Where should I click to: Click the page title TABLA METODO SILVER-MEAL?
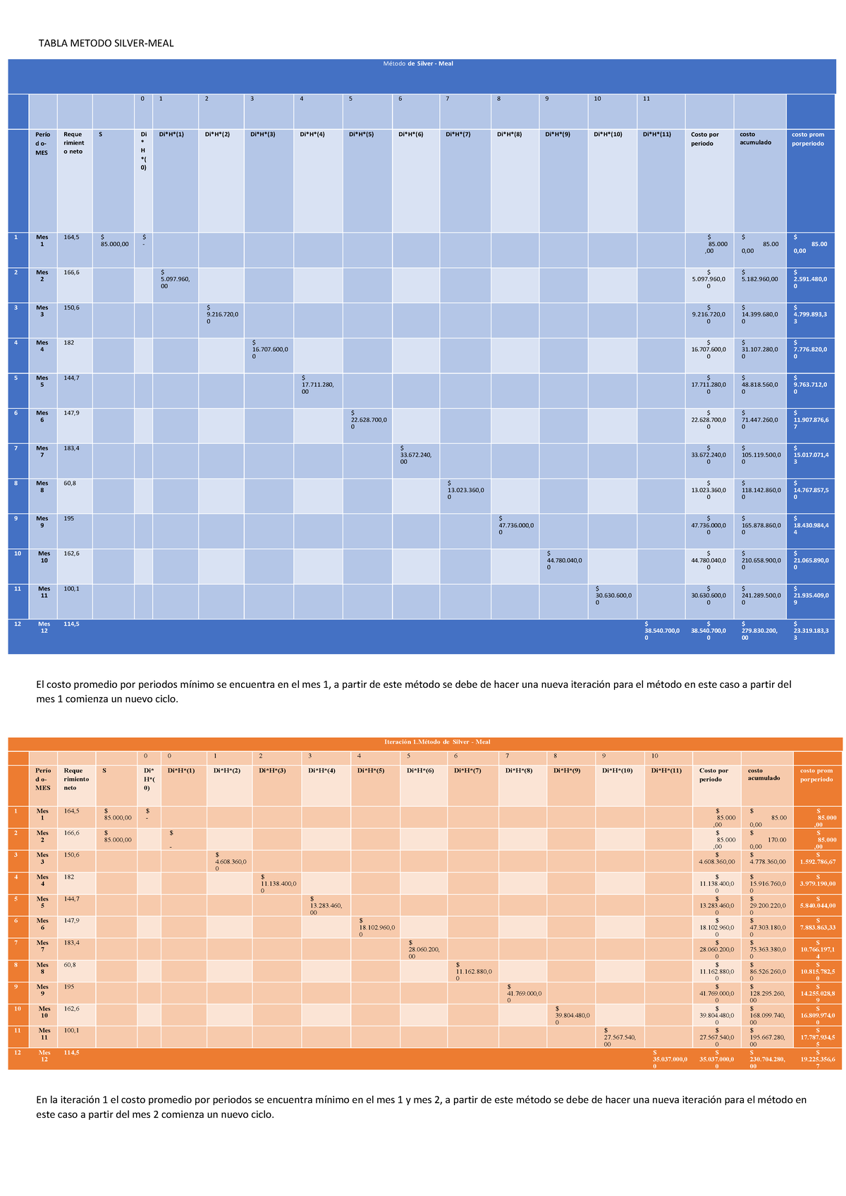[106, 44]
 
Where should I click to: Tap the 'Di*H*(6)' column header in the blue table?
[410, 134]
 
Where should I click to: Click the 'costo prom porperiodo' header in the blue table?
[808, 139]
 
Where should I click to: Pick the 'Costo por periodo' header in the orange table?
[713, 775]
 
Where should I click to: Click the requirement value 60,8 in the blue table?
[70, 483]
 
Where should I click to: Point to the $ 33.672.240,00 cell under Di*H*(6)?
[416, 455]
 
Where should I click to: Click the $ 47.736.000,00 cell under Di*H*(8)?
[515, 525]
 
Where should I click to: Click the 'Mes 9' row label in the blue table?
[42, 522]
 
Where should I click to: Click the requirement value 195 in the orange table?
[69, 987]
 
